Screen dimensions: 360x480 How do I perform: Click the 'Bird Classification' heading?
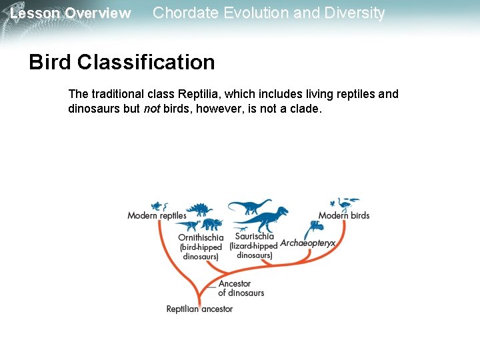pos(121,62)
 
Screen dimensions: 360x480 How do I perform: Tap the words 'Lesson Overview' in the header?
pos(70,13)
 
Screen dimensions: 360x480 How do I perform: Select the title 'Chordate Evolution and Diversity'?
pos(269,13)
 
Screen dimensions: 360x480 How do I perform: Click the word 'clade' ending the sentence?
pos(305,108)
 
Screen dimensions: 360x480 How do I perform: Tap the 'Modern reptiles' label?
pos(157,215)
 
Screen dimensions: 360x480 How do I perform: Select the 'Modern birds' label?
pos(343,215)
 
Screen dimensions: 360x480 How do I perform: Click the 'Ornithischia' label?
pos(201,237)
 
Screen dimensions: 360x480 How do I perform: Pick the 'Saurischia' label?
pos(254,236)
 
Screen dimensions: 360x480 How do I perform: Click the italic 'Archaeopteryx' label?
pos(307,243)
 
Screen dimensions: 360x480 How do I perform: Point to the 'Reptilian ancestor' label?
pos(199,309)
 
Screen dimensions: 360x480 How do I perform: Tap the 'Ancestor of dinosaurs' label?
pos(241,288)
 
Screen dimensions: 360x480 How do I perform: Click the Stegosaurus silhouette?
pos(199,209)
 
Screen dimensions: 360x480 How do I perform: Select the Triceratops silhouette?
pos(212,224)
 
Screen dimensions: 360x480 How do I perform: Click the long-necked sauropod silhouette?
pos(249,205)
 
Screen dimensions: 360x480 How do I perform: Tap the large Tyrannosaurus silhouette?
pos(265,219)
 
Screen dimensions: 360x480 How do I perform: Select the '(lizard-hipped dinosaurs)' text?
pos(253,251)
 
